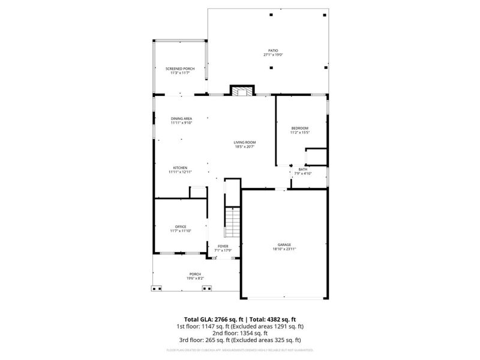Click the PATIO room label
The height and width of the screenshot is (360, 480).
coord(272,50)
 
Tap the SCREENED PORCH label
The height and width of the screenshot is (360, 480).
coord(180,68)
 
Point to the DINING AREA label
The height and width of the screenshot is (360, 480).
coord(181,118)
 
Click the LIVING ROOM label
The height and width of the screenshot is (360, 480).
coord(244,142)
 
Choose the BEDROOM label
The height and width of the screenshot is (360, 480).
coord(300,128)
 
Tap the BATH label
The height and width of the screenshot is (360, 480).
coord(302,169)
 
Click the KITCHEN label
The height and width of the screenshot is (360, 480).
coord(180,167)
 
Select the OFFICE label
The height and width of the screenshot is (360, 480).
coord(181,226)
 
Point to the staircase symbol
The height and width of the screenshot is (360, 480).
coord(232,221)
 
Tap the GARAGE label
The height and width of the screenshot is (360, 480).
coord(284,245)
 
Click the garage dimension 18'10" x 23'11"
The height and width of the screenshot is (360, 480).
coord(284,249)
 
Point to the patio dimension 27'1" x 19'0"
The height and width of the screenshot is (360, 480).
coord(272,55)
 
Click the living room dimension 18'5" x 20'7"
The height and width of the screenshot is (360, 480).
coord(244,146)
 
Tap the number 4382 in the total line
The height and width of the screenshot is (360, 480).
coord(273,319)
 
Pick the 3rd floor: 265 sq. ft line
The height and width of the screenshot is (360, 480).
coord(239,340)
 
